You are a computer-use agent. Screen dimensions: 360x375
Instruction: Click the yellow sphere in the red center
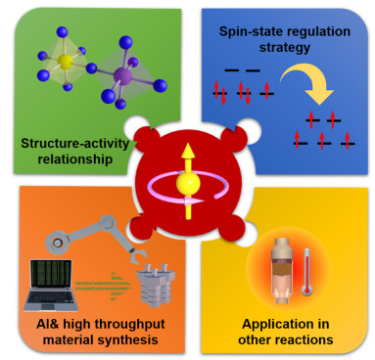(186, 181)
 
